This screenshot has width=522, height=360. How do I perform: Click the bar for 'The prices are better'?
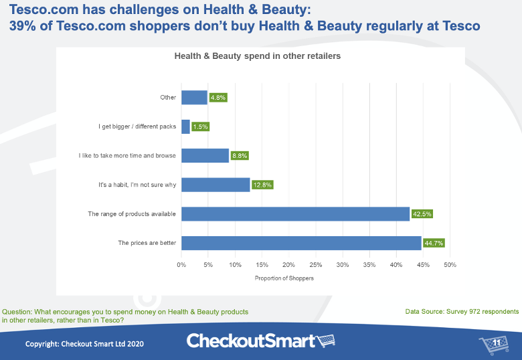point(301,243)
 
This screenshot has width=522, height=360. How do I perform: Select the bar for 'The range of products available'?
point(295,213)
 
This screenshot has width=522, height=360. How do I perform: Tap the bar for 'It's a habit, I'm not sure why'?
point(215,185)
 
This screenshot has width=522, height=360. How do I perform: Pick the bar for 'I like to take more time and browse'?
point(205,155)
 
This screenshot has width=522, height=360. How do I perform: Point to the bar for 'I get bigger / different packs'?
point(185,126)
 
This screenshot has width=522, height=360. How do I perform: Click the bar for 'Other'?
point(194,97)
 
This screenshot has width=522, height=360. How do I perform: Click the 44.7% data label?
point(434,243)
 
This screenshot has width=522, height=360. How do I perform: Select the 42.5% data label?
point(422,213)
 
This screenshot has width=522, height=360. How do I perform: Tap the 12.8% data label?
point(262,185)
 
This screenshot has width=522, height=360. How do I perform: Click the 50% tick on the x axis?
point(450,266)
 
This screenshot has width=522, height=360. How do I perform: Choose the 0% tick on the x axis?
point(181,266)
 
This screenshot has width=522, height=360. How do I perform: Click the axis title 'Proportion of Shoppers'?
point(284,278)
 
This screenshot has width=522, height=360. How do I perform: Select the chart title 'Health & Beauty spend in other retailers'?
point(258,57)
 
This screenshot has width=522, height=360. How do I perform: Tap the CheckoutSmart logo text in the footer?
point(251,341)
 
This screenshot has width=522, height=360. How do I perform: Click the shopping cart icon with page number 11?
point(494,344)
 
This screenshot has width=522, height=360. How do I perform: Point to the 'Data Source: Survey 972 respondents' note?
point(462,312)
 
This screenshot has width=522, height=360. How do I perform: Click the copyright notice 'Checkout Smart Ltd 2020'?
point(84,343)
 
